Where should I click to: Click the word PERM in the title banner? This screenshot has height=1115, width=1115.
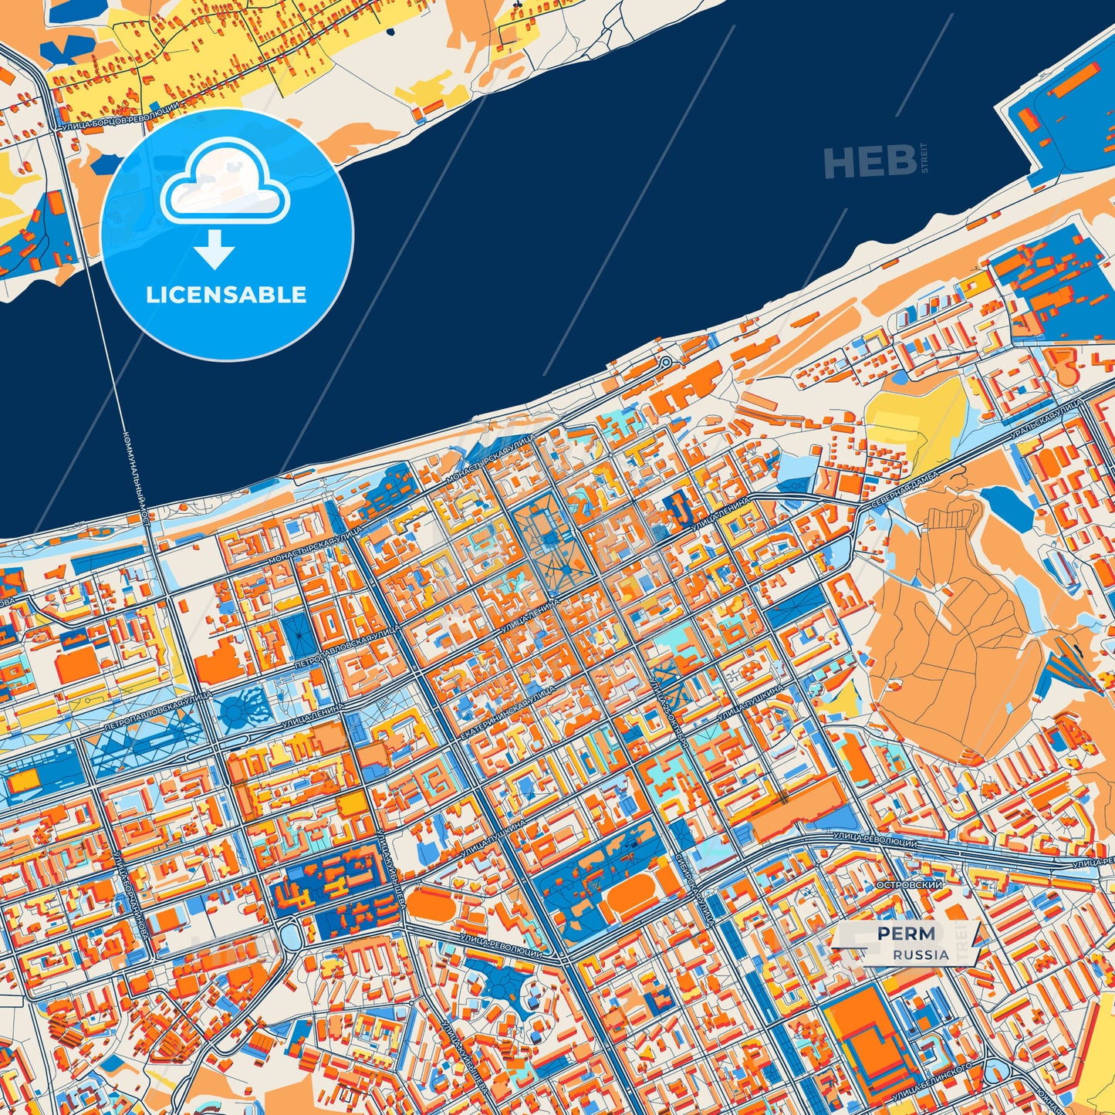pos(906,934)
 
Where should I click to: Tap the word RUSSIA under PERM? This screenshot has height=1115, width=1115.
pos(921,955)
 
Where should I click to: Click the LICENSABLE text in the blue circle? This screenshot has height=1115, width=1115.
pos(226,295)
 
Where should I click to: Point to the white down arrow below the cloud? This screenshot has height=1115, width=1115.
pos(215,249)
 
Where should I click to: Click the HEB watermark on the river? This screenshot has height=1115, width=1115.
pos(870,162)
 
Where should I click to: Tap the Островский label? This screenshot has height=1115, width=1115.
pos(911,885)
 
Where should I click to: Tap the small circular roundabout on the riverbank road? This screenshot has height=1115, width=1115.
pos(665,362)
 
